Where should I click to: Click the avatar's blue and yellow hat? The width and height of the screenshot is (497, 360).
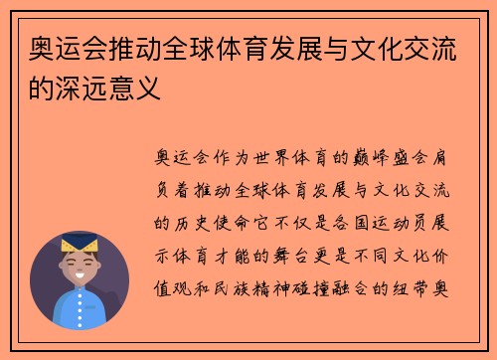coord(79,245)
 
